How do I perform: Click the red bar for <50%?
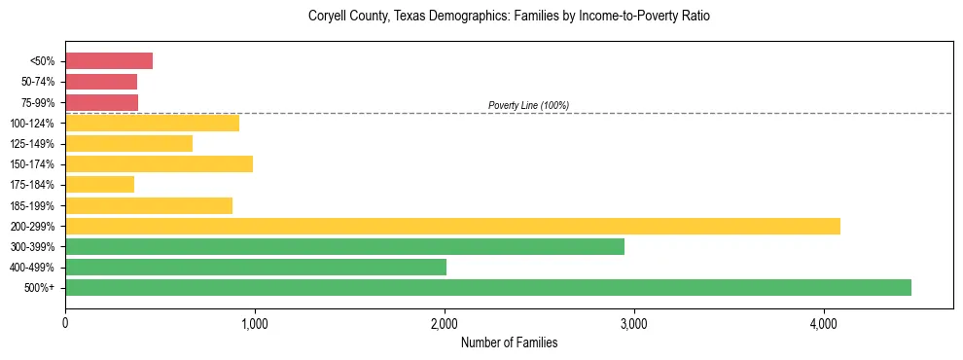109,61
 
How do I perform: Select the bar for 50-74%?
101,82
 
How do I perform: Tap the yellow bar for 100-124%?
152,124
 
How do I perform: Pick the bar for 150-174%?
159,164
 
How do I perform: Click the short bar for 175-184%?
99,185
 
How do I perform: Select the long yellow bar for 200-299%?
452,227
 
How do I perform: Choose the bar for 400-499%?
256,268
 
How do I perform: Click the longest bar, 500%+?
488,288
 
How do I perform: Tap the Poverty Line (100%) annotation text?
528,105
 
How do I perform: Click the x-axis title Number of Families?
509,342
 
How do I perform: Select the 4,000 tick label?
823,323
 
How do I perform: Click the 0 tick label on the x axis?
65,323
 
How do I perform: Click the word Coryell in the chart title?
329,17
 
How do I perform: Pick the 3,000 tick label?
633,323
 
